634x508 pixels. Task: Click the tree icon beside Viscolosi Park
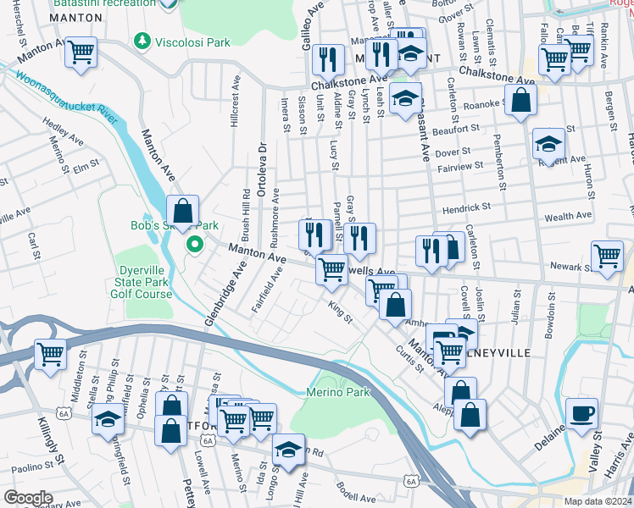143,41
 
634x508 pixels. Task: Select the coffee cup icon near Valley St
581,413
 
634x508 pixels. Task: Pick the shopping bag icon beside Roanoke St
521,101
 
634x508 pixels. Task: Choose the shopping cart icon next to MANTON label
81,52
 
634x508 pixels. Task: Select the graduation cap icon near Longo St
288,448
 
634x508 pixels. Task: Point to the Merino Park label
338,393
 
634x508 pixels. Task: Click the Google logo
28,498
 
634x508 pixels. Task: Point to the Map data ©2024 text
598,501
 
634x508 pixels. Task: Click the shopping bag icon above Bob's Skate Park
182,210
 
